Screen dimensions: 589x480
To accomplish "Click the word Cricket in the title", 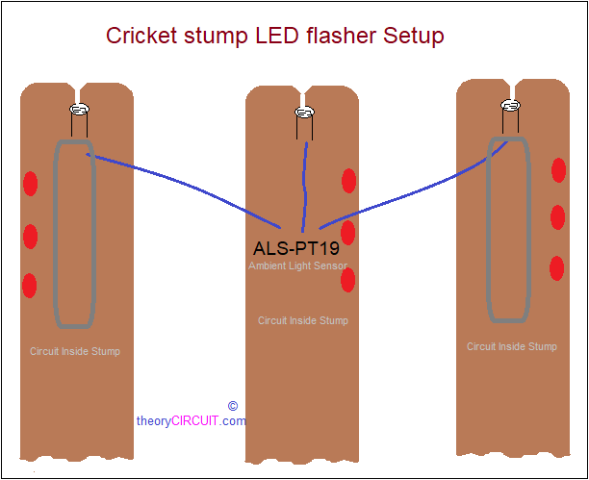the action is [x=141, y=36].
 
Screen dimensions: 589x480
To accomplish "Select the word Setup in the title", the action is [x=414, y=37].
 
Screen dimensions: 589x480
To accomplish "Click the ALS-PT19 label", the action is [x=296, y=248].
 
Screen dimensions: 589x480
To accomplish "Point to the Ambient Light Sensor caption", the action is [x=298, y=265].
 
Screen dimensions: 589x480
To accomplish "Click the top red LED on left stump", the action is [x=31, y=184].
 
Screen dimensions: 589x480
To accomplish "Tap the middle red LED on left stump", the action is [x=31, y=237].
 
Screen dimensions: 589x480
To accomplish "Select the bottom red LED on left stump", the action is [x=30, y=286].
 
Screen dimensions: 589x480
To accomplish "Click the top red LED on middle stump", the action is [x=349, y=181].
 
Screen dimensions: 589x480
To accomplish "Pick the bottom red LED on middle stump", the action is [x=348, y=280].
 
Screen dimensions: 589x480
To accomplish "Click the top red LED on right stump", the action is [x=559, y=170].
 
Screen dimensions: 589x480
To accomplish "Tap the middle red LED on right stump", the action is [x=558, y=217].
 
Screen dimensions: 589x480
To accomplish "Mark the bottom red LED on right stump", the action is [x=556, y=268].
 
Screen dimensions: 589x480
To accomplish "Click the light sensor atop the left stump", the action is [x=79, y=110].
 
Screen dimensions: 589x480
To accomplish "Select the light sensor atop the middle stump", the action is [x=305, y=112].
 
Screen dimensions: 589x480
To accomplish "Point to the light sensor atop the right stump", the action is [x=511, y=106].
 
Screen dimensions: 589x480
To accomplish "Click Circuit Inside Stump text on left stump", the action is [x=75, y=351].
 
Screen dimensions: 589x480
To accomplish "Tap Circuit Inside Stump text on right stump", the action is [x=512, y=346].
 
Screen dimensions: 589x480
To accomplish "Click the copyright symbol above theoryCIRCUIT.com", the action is [x=233, y=406].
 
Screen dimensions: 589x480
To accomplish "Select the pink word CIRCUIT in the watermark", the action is [x=194, y=421].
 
